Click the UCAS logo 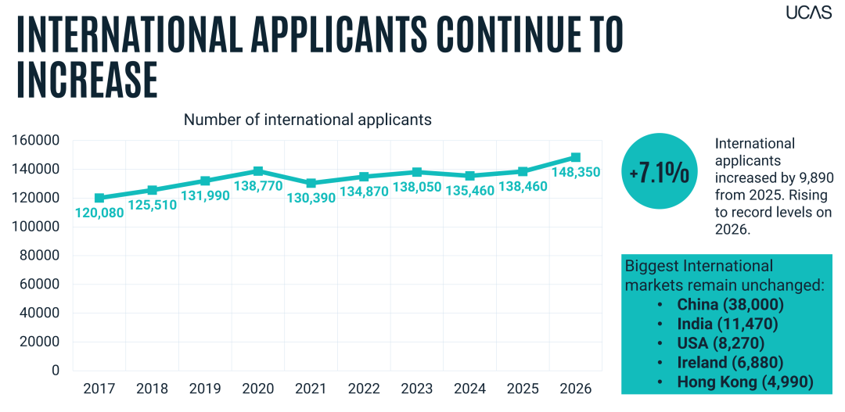808,12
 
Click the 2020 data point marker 258,171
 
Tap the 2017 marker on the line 99,199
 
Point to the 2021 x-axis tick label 311,389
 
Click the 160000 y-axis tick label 34,141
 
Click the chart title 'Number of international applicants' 307,120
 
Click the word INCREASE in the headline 88,80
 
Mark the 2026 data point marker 576,157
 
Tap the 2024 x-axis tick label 470,389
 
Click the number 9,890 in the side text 811,179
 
